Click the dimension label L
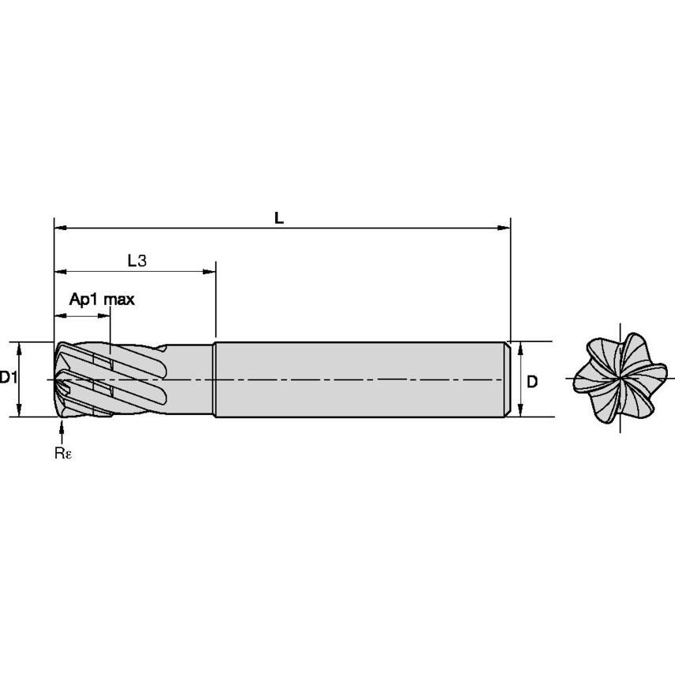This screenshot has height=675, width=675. click(278, 218)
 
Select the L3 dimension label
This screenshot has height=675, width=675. click(138, 260)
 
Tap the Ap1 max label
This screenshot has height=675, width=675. click(102, 300)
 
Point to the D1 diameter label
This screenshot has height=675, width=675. click(9, 378)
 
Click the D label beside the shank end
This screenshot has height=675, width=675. click(532, 381)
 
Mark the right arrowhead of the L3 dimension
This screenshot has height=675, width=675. click(210, 272)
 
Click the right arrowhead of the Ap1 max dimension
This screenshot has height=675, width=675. click(105, 316)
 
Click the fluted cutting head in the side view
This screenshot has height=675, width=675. click(111, 379)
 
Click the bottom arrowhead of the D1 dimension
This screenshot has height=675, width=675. click(19, 411)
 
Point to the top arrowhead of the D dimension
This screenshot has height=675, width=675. click(520, 347)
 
